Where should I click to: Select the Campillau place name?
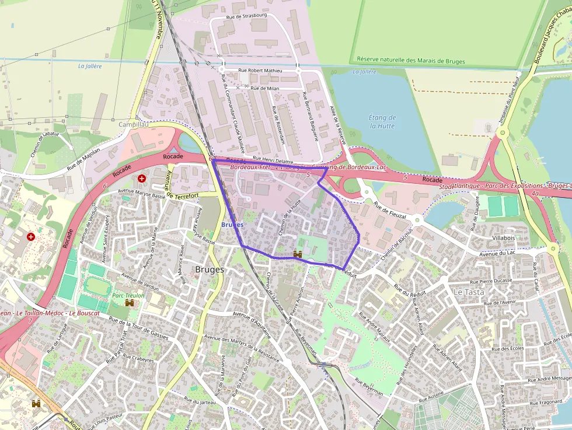[x=134, y=124]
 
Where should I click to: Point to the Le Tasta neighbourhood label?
[x=469, y=292]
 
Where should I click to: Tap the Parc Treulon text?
[x=128, y=295]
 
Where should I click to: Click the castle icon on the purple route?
[x=298, y=254]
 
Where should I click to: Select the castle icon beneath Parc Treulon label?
[x=130, y=303]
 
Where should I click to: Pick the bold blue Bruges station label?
[x=233, y=225]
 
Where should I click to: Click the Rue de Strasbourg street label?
[x=246, y=15]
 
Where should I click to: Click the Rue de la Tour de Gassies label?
[x=138, y=329]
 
